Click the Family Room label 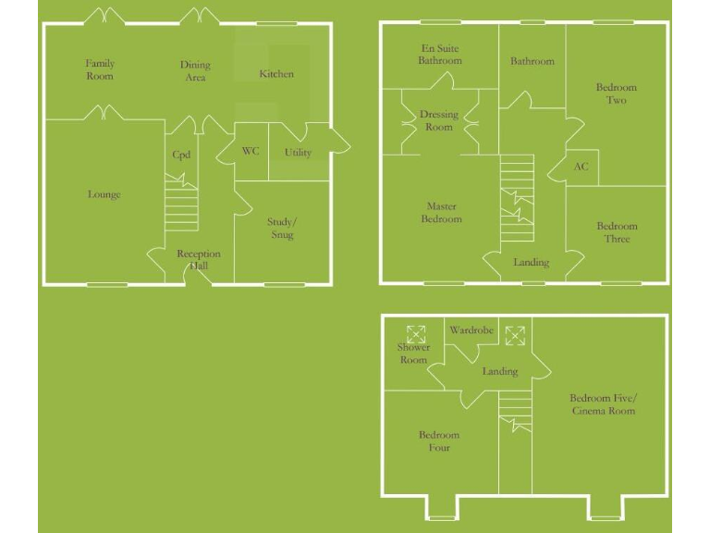click(100, 69)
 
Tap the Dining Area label click(195, 71)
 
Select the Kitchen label click(276, 74)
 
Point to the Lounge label click(104, 194)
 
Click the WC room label click(251, 151)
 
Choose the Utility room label click(298, 153)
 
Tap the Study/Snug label click(282, 229)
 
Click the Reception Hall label click(199, 260)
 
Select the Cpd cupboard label click(181, 155)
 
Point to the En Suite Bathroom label click(439, 55)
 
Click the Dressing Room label click(439, 120)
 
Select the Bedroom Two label click(617, 93)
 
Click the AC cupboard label click(581, 167)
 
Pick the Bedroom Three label click(617, 232)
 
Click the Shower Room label click(413, 353)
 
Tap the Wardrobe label click(471, 330)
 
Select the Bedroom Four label click(439, 441)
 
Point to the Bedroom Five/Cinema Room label click(603, 403)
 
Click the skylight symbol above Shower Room click(416, 332)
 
